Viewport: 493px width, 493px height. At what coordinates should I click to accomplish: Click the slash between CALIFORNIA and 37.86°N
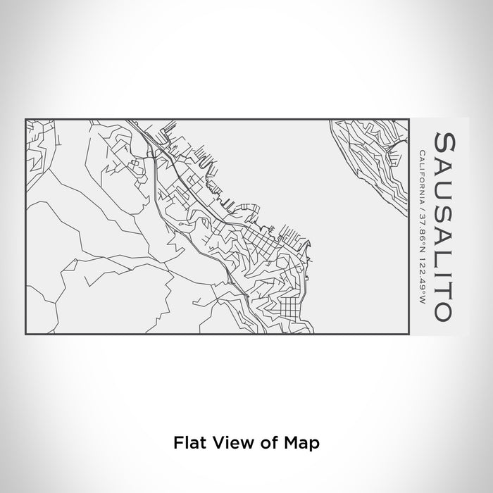[x=421, y=209]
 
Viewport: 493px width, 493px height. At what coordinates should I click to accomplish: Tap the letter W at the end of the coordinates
[x=421, y=301]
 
